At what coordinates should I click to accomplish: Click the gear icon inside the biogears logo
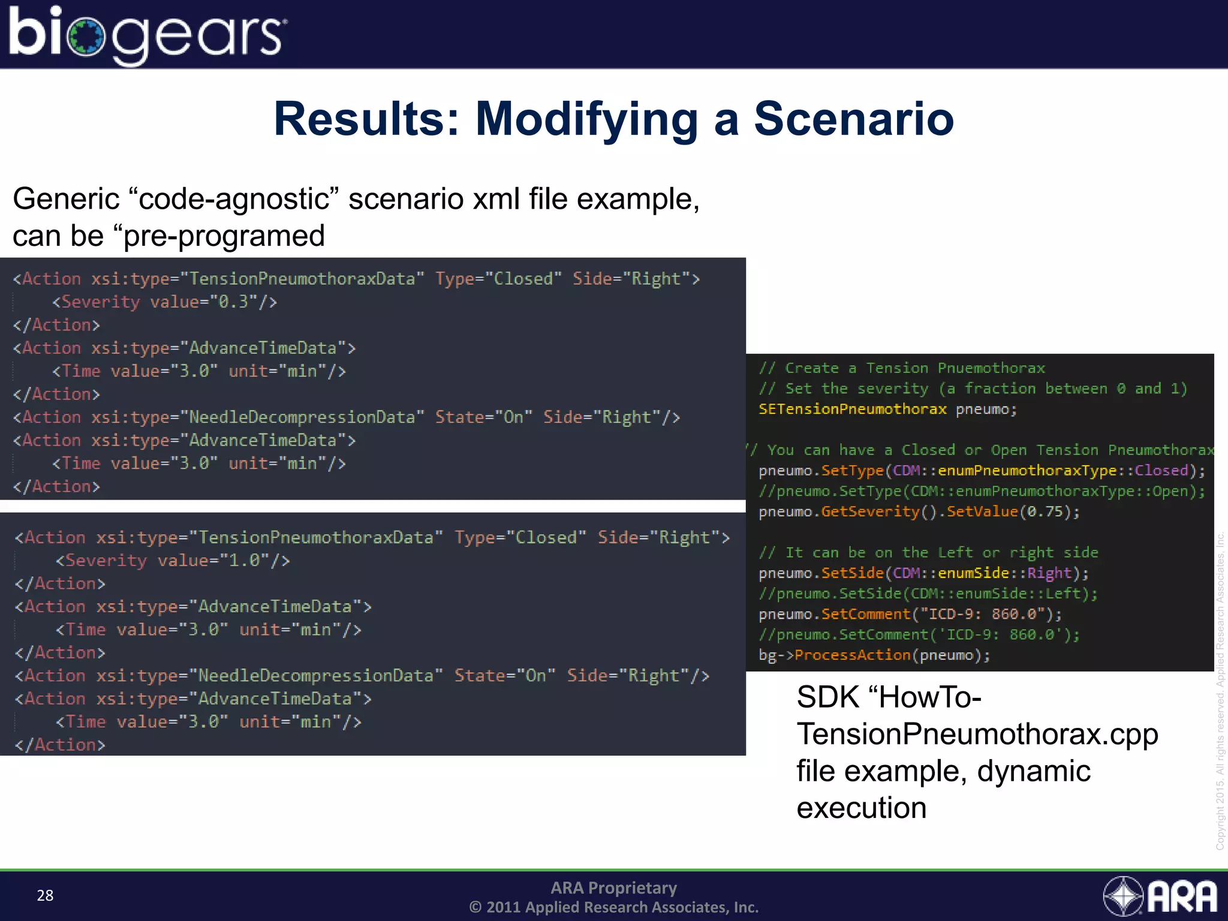click(x=86, y=37)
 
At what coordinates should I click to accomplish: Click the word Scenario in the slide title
click(x=853, y=119)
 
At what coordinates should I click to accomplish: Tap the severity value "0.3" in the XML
click(x=233, y=302)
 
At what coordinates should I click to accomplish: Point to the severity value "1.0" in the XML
click(x=245, y=561)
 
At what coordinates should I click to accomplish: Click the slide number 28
click(x=45, y=895)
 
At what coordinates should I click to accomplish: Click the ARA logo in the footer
click(x=1160, y=896)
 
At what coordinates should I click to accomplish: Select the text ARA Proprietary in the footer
click(x=613, y=887)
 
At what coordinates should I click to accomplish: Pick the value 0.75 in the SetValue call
click(x=1045, y=512)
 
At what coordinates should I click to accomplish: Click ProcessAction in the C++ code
click(x=852, y=655)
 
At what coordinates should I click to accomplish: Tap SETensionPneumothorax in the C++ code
click(x=852, y=409)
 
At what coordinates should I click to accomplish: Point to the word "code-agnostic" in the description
click(x=234, y=199)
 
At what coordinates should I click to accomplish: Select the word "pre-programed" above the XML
click(x=224, y=236)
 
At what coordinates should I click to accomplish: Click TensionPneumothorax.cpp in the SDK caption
click(x=977, y=735)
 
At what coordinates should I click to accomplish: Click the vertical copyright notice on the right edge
click(x=1220, y=690)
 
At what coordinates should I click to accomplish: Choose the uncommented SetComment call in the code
click(x=865, y=614)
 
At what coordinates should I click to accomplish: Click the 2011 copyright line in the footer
click(x=613, y=907)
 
